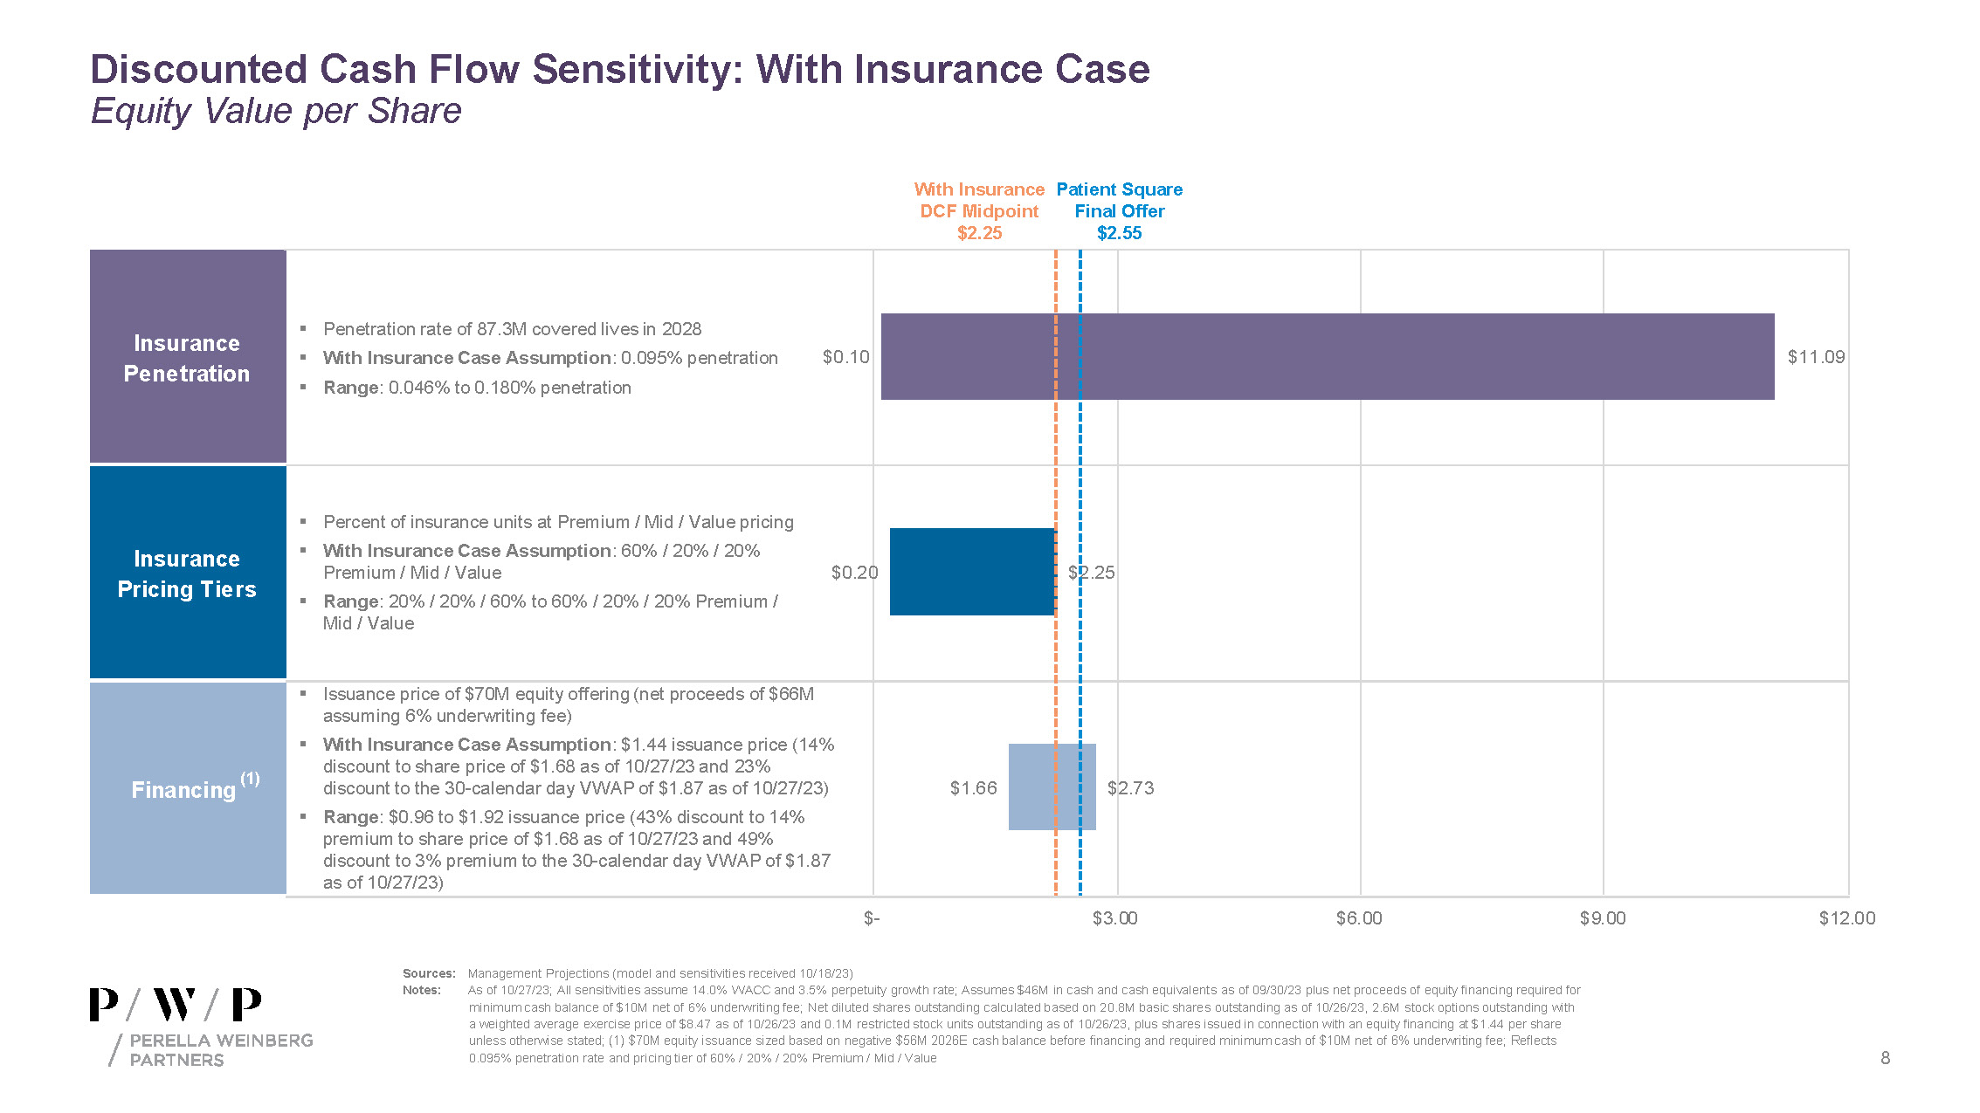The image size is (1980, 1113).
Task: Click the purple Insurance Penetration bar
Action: click(x=1328, y=356)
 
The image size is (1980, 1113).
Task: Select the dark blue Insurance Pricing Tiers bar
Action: click(x=972, y=572)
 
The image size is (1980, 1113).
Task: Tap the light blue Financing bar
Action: click(x=1052, y=787)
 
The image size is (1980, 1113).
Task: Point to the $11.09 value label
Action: click(x=1816, y=357)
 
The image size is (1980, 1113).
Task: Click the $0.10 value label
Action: click(x=845, y=357)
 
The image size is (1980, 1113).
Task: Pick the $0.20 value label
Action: click(x=854, y=573)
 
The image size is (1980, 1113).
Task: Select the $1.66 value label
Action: click(x=973, y=788)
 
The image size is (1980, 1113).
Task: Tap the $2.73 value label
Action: click(x=1130, y=788)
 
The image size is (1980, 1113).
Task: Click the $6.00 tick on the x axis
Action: click(x=1359, y=918)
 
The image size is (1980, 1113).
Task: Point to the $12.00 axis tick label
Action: click(x=1846, y=918)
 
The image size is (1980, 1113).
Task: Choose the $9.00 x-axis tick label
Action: click(x=1603, y=918)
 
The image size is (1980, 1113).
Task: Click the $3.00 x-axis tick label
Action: click(x=1114, y=918)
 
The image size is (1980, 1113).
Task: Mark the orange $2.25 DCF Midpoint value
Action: click(x=979, y=233)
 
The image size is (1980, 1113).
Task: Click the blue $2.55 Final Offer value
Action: click(x=1119, y=233)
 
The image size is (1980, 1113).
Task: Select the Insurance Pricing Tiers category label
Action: click(x=187, y=574)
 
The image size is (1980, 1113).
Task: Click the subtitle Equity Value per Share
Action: click(x=276, y=112)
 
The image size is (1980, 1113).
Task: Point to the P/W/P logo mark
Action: click(x=176, y=1005)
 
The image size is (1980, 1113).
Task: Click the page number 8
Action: click(x=1885, y=1058)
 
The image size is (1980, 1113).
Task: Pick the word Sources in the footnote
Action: click(x=428, y=973)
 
